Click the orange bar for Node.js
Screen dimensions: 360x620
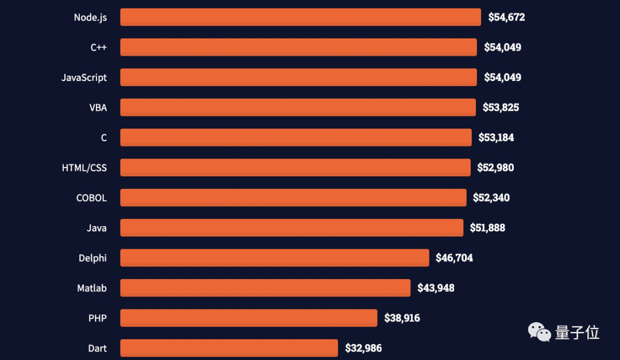click(x=300, y=17)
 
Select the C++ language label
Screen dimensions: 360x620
click(x=99, y=47)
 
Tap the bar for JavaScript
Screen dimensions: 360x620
click(x=298, y=78)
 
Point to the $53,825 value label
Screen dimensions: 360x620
click(x=501, y=107)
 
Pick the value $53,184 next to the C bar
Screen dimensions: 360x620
click(x=496, y=138)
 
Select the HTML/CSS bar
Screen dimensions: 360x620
click(x=295, y=168)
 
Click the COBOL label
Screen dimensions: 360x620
click(x=91, y=198)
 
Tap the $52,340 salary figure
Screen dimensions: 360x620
click(x=491, y=198)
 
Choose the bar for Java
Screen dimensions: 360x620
click(x=292, y=228)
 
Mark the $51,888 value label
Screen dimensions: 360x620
click(x=487, y=228)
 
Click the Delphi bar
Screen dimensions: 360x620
click(x=274, y=258)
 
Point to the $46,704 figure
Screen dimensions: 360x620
click(x=454, y=258)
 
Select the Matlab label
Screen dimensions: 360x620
click(x=92, y=288)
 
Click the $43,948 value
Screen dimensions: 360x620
click(x=436, y=288)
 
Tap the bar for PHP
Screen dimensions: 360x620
click(x=249, y=318)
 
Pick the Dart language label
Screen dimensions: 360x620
click(x=97, y=349)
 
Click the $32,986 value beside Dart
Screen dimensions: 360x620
click(x=363, y=349)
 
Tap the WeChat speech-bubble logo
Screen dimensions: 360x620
click(x=538, y=331)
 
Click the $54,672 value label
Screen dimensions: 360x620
click(x=506, y=17)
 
